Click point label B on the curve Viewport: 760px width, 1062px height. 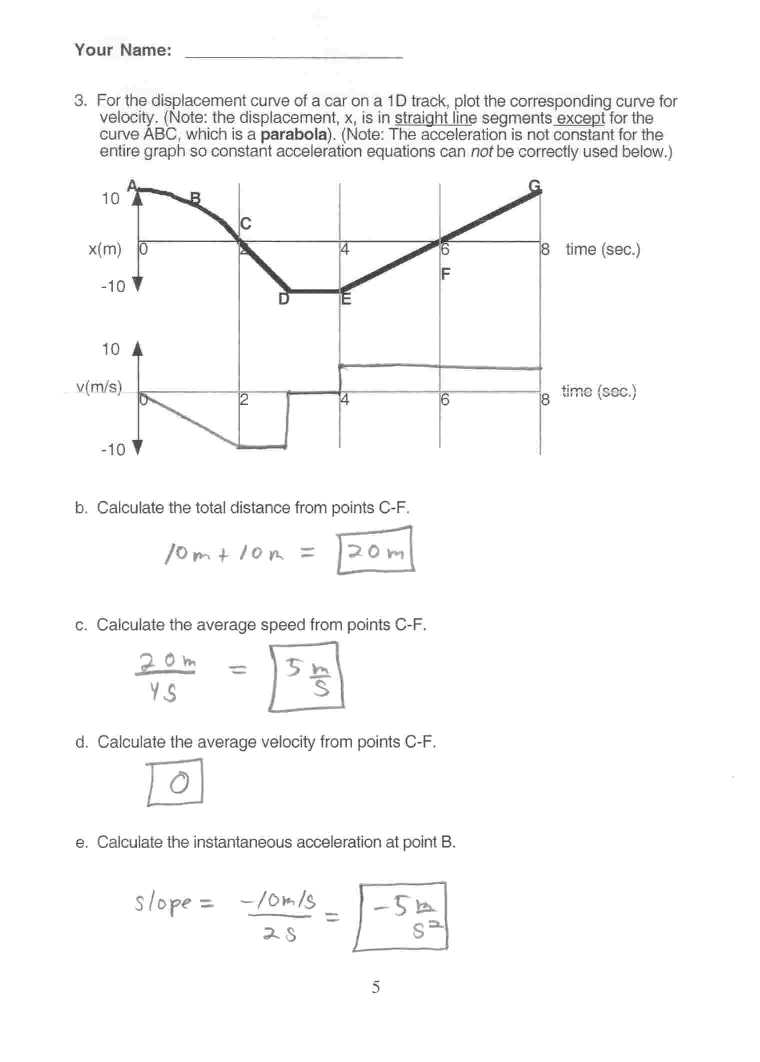(196, 197)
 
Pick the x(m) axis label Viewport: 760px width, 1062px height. (105, 249)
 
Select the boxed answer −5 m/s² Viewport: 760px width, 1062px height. (405, 916)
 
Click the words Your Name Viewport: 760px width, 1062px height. (122, 50)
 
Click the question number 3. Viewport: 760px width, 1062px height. (80, 101)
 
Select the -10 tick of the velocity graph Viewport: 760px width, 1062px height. (111, 449)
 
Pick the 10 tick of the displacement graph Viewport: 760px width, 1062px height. (110, 199)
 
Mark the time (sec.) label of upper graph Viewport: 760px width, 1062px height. (603, 249)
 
